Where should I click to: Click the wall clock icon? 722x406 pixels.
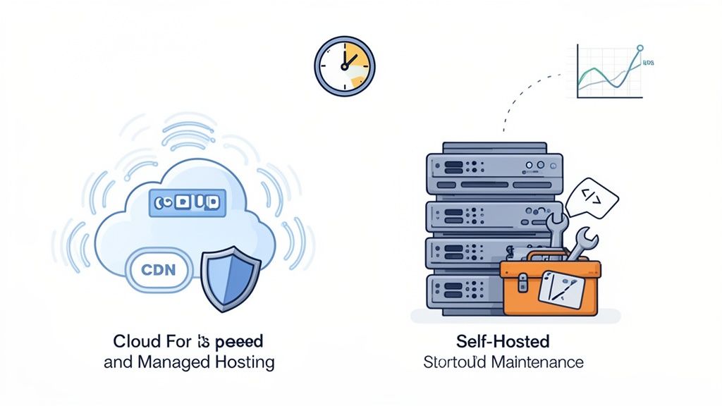344,65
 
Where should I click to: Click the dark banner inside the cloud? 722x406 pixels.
186,202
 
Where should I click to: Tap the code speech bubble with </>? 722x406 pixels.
592,197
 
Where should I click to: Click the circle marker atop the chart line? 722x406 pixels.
640,49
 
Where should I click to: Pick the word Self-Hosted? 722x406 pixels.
503,342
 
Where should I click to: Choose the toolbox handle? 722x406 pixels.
550,255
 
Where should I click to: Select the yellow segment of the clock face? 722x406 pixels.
358,66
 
